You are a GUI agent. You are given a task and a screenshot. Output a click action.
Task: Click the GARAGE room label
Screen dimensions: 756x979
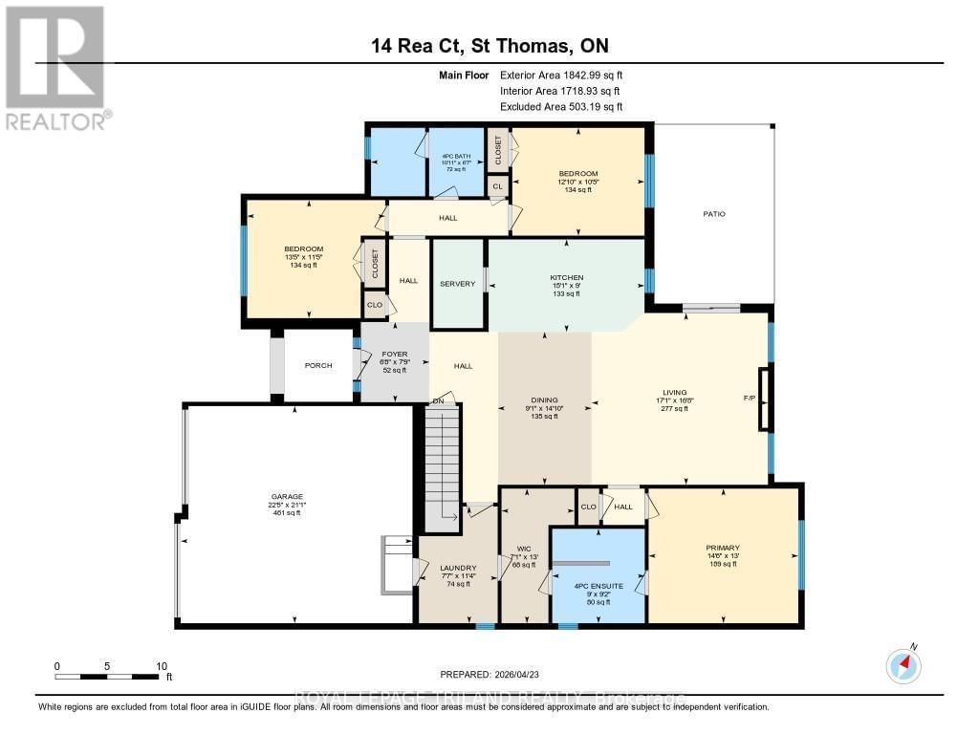click(x=287, y=496)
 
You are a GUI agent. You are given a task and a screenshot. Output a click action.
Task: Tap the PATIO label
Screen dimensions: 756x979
click(x=714, y=214)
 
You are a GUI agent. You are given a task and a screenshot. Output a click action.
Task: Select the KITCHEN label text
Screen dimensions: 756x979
click(x=566, y=277)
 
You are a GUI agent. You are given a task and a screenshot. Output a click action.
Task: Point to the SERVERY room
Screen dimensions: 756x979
click(x=457, y=284)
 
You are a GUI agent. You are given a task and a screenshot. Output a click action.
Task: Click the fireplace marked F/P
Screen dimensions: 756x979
click(x=763, y=399)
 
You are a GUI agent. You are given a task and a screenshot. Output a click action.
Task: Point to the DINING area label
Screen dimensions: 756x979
click(x=545, y=400)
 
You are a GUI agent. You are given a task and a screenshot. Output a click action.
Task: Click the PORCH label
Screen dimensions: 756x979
click(x=318, y=365)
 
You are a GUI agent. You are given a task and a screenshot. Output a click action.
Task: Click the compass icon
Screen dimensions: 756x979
click(x=903, y=664)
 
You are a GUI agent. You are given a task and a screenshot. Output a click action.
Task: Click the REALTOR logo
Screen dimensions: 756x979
click(x=54, y=67)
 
